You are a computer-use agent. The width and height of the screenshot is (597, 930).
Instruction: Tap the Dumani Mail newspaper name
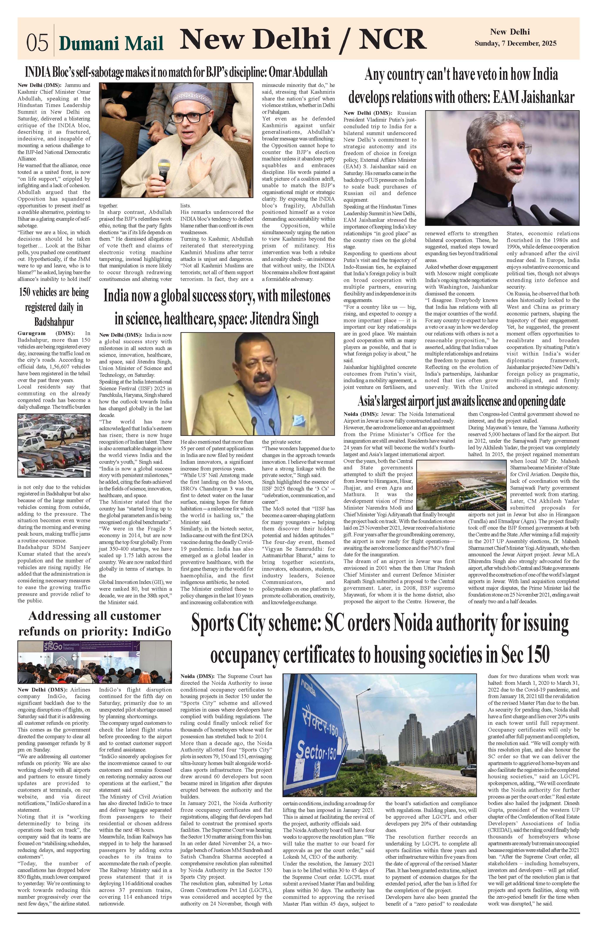coord(111,43)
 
